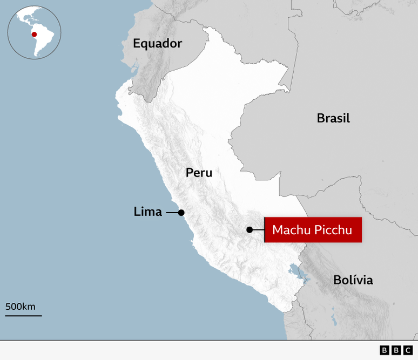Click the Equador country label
tap(158, 44)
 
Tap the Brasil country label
tap(333, 118)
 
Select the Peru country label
tap(199, 173)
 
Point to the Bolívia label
tap(353, 280)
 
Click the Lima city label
tap(147, 212)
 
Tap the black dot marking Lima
tap(181, 213)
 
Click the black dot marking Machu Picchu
tap(250, 230)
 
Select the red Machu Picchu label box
tap(313, 230)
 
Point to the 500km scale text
tap(21, 307)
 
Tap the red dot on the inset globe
tap(34, 35)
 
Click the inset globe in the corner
tap(34, 32)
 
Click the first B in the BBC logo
tap(384, 350)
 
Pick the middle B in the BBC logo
tap(396, 350)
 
